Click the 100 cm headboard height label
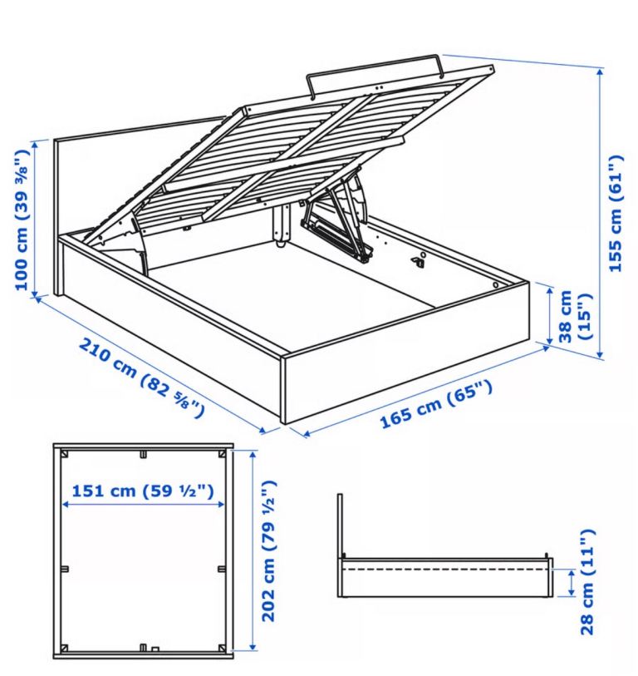click(x=22, y=220)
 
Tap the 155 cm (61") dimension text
click(x=616, y=214)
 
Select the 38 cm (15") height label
click(x=575, y=316)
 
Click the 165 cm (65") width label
click(x=436, y=404)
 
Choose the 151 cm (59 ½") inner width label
click(x=143, y=491)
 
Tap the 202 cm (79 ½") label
click(x=269, y=551)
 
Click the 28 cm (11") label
click(x=587, y=582)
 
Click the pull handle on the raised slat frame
click(x=374, y=72)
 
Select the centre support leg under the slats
click(x=282, y=225)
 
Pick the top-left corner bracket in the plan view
click(x=66, y=454)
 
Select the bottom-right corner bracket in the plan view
click(x=223, y=648)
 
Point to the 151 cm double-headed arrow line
click(x=143, y=505)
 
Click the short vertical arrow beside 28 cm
click(x=572, y=583)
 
